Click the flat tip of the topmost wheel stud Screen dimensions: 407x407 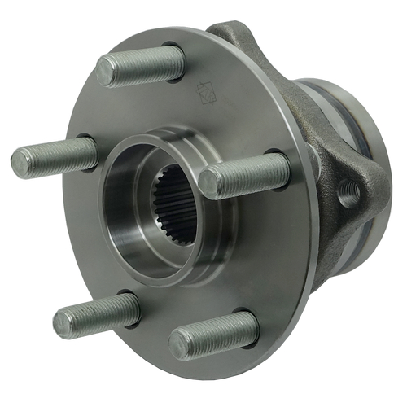pyautogui.click(x=104, y=72)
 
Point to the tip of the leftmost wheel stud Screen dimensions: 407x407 pyautogui.click(x=20, y=162)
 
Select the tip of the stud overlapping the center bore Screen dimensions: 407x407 pyautogui.click(x=208, y=182)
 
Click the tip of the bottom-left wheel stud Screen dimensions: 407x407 pyautogui.click(x=63, y=322)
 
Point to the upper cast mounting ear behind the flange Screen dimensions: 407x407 pyautogui.click(x=240, y=41)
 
